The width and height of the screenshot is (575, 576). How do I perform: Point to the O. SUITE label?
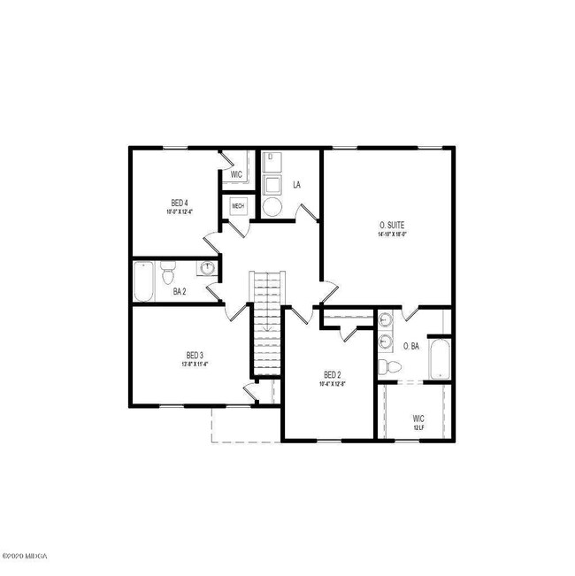click(x=391, y=227)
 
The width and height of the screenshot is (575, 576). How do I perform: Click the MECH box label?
click(x=238, y=207)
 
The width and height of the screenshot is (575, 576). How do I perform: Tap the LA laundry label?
click(x=297, y=185)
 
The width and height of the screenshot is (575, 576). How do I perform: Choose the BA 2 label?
click(x=180, y=291)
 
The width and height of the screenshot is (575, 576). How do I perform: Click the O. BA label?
click(x=410, y=346)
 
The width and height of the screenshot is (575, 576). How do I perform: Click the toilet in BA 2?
click(x=170, y=273)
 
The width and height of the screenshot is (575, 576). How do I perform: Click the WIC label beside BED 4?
click(x=237, y=175)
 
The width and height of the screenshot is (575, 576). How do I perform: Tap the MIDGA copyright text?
click(x=27, y=557)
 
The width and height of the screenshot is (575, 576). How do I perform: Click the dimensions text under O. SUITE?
click(x=391, y=235)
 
